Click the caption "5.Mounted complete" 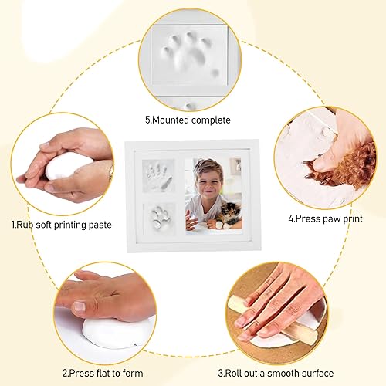(x=188, y=120)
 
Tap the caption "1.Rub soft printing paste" (x=62, y=225)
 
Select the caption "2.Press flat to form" (x=103, y=373)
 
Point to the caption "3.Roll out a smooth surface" (x=276, y=373)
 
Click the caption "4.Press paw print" (x=325, y=218)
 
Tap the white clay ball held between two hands (x=69, y=165)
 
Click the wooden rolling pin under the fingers (x=273, y=319)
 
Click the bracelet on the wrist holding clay (x=111, y=172)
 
